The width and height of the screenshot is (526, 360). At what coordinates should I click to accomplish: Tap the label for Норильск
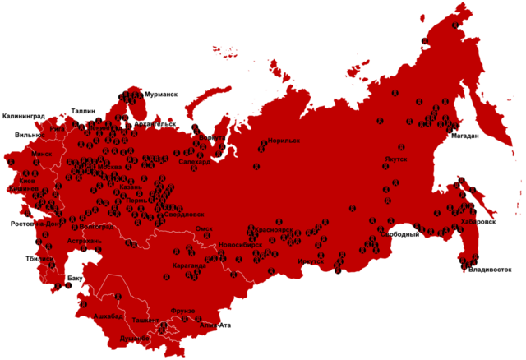284,141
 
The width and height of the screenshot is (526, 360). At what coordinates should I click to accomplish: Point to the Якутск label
395,159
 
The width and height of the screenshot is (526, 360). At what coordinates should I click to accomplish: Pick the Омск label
205,228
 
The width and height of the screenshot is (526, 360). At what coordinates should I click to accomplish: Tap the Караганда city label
190,265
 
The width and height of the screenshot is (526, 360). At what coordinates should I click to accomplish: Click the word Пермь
137,199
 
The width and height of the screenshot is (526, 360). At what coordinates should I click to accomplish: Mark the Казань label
130,187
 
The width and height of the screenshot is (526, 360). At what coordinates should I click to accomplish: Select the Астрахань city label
84,241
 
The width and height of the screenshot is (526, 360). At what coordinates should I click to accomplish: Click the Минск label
41,153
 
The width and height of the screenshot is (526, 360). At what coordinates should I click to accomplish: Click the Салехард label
196,162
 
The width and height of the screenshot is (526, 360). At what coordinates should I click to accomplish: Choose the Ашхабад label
108,316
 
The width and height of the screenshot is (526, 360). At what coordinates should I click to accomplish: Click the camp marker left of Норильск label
263,142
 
